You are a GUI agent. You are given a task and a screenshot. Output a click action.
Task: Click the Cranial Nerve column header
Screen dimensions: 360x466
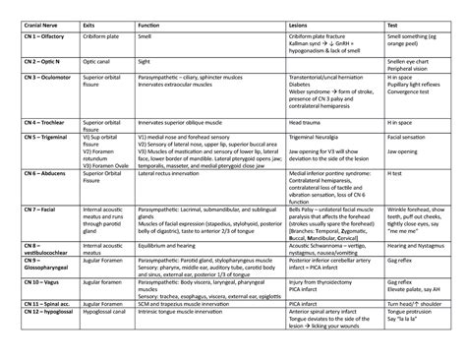point(42,21)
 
